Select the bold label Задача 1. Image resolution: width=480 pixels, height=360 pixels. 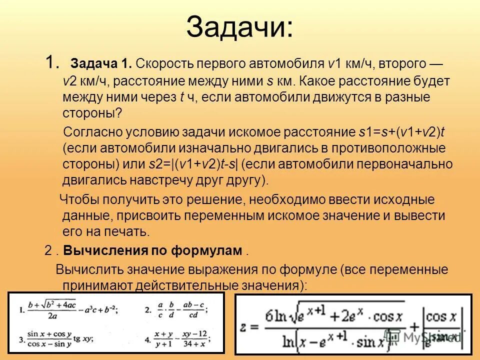coord(101,64)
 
